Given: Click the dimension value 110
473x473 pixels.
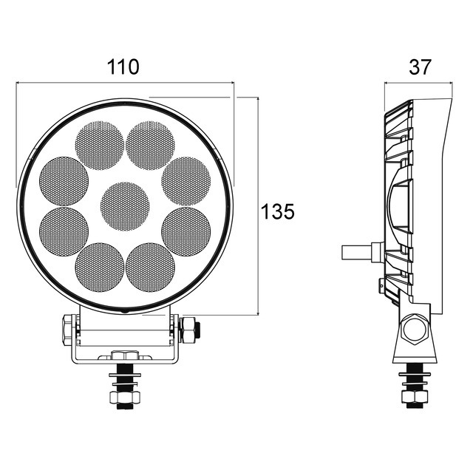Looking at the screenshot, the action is (x=123, y=67).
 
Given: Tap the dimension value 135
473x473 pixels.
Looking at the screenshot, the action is (x=278, y=211).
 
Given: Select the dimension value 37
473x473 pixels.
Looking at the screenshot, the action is (x=421, y=67).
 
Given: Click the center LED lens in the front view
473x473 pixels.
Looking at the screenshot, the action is (x=125, y=206).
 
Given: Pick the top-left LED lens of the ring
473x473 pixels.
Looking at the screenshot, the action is (x=99, y=146).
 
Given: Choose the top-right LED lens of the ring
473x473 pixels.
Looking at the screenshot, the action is (x=150, y=146).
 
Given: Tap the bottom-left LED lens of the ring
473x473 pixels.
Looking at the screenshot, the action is (x=100, y=268).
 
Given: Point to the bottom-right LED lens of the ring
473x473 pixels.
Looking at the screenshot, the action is (x=150, y=268).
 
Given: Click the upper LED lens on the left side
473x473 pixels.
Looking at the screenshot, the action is (x=64, y=181).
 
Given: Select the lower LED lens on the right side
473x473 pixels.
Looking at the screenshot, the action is (x=186, y=231).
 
